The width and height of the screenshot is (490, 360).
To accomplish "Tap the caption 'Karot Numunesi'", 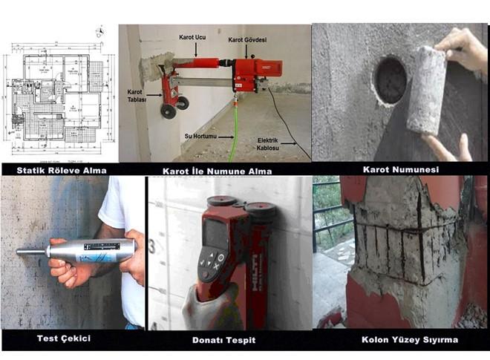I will [399, 170].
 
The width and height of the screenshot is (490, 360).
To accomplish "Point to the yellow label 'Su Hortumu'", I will [202, 137].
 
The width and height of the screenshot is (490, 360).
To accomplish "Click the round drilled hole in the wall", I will [391, 80].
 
